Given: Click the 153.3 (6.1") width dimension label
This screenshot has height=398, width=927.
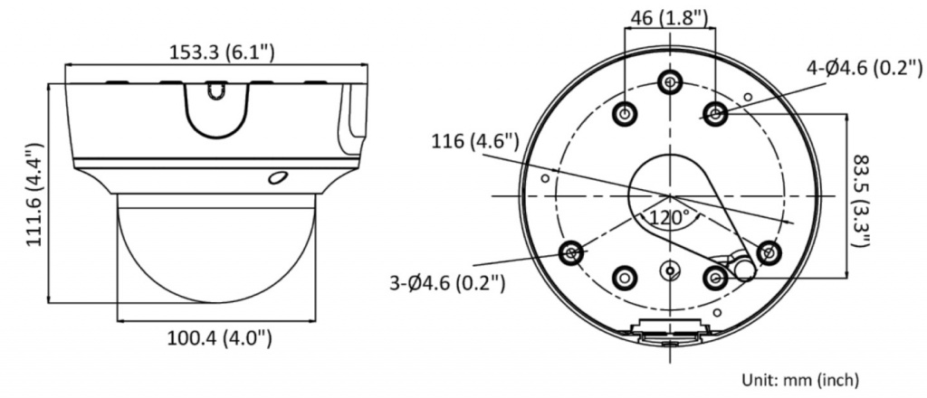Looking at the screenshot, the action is tap(222, 52).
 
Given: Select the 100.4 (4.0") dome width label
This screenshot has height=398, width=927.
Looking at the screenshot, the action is tap(219, 338).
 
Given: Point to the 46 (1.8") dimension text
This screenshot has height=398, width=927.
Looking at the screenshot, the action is tap(669, 17).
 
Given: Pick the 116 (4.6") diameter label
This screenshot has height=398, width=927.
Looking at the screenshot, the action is tap(475, 142).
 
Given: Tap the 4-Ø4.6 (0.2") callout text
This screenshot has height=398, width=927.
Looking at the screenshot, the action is tap(865, 69).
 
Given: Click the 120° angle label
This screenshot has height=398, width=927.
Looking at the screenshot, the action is tap(670, 217).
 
